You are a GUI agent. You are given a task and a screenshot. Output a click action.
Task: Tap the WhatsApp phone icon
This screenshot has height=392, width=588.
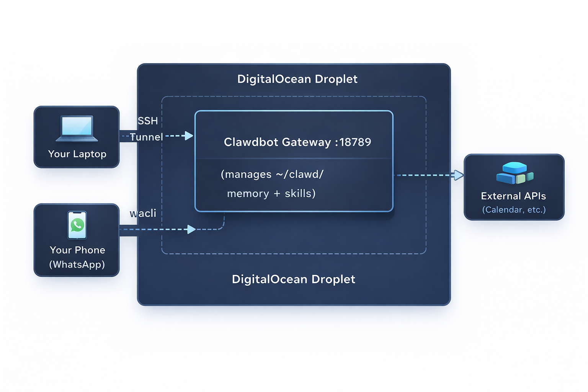click(x=77, y=225)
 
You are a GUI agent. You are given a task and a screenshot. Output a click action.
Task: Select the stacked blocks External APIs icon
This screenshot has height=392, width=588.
click(x=514, y=173)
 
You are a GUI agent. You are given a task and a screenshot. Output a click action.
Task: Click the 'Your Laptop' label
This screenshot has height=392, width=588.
click(x=77, y=154)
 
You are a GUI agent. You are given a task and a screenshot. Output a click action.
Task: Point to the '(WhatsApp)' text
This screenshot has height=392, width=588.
click(x=77, y=265)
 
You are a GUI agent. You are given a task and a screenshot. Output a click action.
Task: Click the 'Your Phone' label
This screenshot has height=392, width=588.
click(x=77, y=250)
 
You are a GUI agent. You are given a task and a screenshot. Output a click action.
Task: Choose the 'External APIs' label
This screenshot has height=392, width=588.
click(x=513, y=196)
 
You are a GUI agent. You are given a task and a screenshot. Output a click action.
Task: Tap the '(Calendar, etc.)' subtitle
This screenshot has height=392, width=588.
click(x=514, y=210)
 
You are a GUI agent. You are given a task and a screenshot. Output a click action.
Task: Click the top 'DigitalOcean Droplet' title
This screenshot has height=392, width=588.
click(x=297, y=79)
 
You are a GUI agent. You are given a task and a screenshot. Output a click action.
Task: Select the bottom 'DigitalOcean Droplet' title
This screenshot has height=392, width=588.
click(x=293, y=279)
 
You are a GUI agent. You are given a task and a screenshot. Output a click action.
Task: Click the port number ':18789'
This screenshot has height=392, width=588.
click(x=353, y=142)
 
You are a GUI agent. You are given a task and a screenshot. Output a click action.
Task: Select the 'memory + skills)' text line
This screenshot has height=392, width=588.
click(x=271, y=194)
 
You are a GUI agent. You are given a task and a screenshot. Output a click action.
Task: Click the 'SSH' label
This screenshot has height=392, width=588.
click(x=148, y=121)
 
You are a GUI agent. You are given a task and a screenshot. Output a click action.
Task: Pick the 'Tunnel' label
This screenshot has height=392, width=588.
click(x=147, y=137)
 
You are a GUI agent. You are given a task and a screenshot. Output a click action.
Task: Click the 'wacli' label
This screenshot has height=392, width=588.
click(x=143, y=213)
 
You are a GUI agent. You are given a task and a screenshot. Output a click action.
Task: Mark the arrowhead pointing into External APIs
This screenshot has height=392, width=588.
click(x=459, y=175)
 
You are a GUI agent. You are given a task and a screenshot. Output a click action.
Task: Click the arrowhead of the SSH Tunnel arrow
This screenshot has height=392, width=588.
click(x=189, y=136)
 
